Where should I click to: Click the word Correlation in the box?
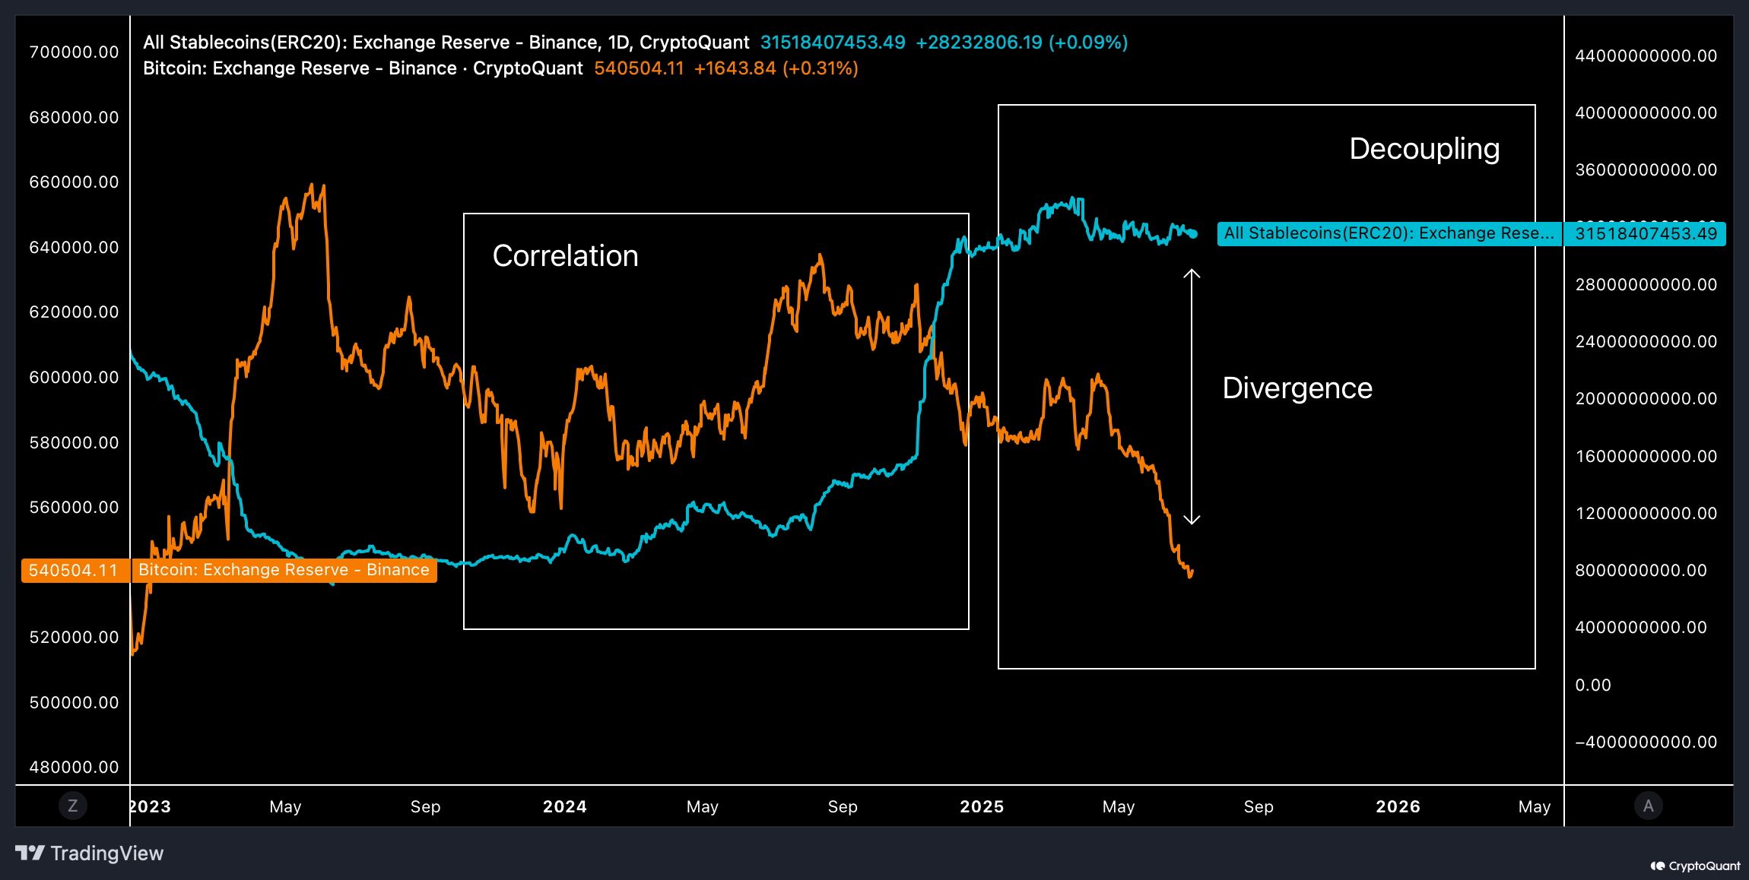point(565,256)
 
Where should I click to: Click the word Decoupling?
point(1424,149)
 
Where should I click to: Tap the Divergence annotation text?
point(1297,388)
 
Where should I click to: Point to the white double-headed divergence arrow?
point(1192,396)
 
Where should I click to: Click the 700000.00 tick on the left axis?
point(74,52)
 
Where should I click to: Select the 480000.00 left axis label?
point(74,768)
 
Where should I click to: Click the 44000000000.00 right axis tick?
point(1646,56)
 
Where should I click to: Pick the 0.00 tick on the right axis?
point(1592,685)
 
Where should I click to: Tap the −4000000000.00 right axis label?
point(1646,742)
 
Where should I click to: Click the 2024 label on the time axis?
point(564,807)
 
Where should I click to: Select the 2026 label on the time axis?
point(1398,807)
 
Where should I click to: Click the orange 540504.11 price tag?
point(74,571)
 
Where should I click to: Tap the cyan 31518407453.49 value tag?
point(1646,234)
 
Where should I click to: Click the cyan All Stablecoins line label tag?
point(1389,234)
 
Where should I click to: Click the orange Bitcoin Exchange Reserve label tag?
point(284,571)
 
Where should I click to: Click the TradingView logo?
point(90,853)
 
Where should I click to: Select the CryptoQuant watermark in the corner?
point(1695,866)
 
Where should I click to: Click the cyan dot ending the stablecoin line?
point(1193,234)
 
